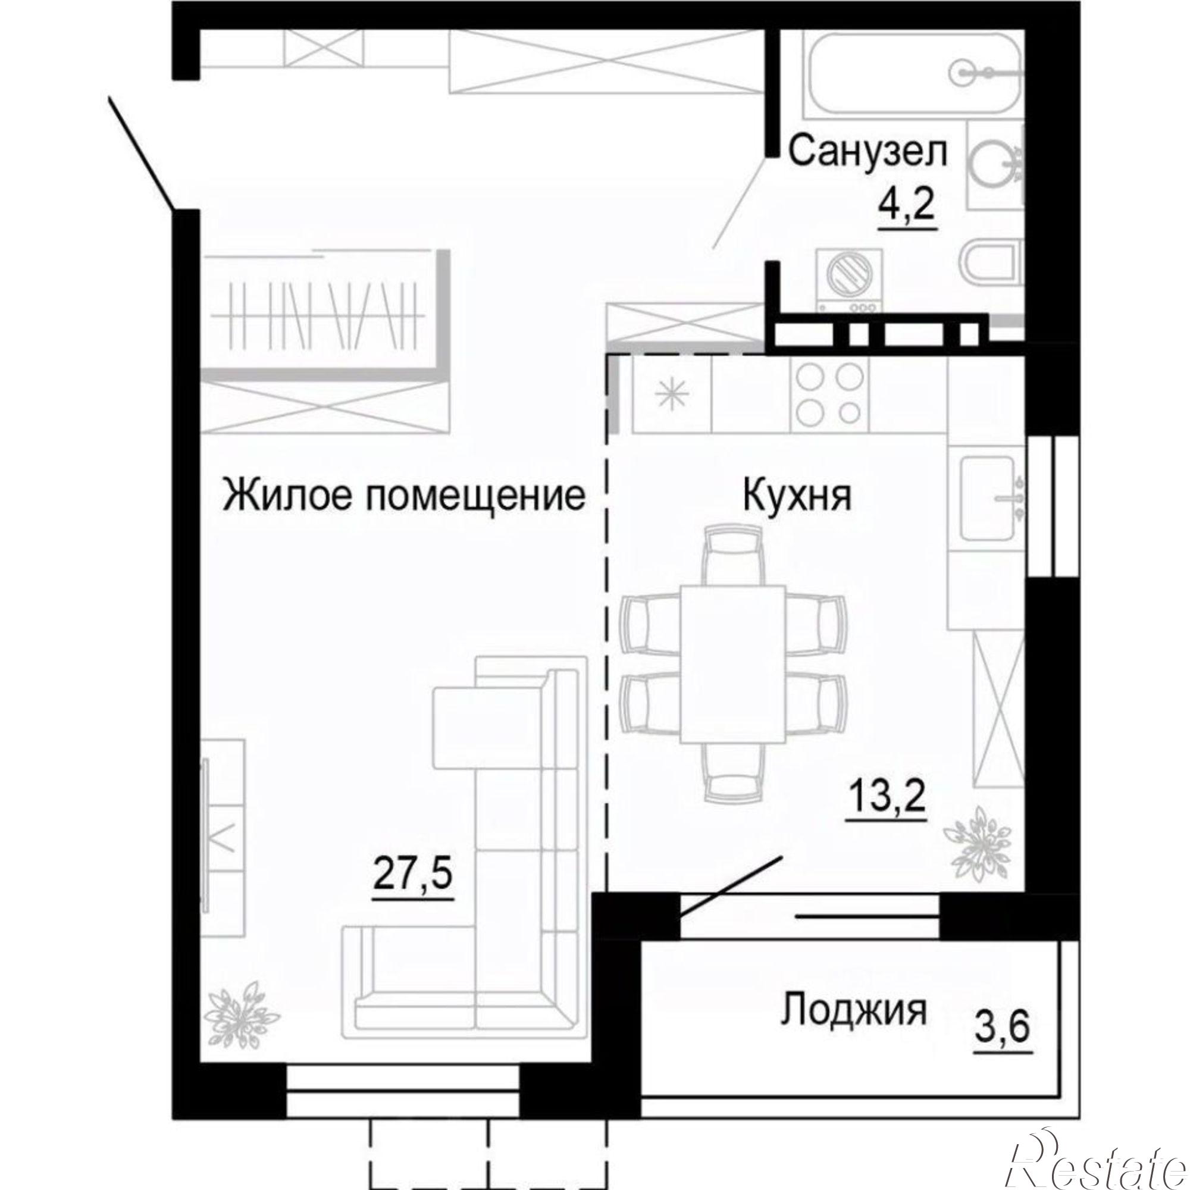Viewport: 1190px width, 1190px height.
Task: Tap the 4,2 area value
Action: pyautogui.click(x=907, y=208)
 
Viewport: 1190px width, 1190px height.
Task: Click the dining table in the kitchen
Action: pyautogui.click(x=732, y=665)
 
